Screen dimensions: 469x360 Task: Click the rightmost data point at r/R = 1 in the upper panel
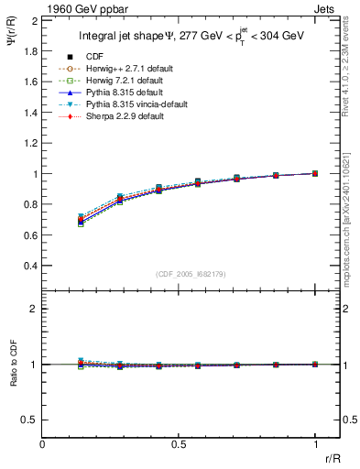point(315,173)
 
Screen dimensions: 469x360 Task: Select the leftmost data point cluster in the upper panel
point(81,220)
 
